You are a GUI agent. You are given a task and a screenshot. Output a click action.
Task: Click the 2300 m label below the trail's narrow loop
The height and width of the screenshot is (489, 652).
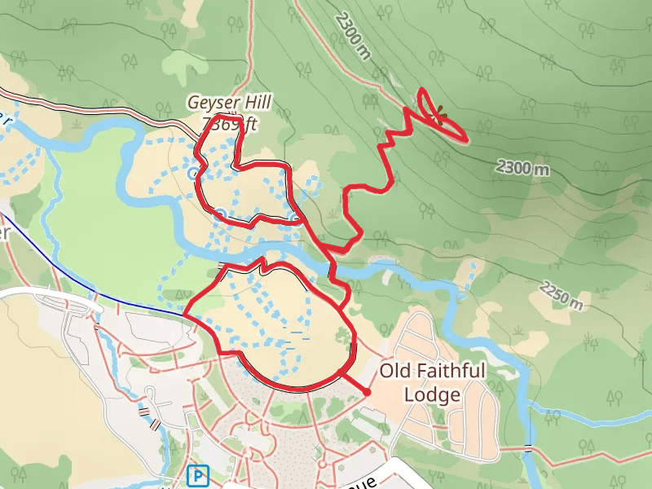coord(522,169)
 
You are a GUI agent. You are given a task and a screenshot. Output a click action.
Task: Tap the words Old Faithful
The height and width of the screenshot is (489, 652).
coord(433,372)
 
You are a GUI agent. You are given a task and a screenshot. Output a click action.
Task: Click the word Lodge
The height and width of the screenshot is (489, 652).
coord(433,395)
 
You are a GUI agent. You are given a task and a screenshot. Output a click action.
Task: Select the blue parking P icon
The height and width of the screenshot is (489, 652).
coord(196,474)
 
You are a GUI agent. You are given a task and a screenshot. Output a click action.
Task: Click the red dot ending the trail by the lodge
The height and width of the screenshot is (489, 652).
coord(367,392)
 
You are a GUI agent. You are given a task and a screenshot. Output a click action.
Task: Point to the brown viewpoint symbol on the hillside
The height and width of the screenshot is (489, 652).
coord(439,112)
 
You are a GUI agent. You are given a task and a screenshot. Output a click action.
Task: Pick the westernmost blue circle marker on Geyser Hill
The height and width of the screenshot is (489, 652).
coord(193,174)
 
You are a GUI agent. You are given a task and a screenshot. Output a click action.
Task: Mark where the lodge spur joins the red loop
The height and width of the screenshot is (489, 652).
coord(339,373)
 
